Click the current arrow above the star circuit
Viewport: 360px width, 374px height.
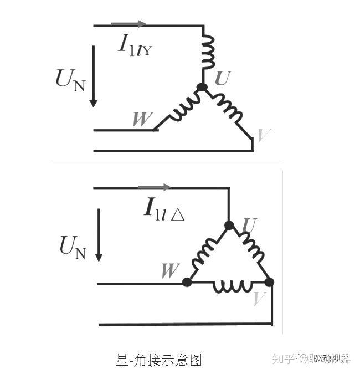128,24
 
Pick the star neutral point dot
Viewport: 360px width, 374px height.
202,87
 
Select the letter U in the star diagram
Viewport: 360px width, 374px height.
222,79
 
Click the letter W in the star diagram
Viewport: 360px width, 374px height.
143,119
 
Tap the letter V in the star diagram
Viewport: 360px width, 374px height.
264,134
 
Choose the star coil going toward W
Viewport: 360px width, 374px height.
181,107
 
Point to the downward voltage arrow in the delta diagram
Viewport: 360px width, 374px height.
99,235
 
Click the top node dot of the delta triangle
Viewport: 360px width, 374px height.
229,225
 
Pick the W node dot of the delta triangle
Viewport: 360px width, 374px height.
187,282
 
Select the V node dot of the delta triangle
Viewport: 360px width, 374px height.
269,282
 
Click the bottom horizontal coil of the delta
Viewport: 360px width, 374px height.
229,286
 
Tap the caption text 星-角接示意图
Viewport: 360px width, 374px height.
159,360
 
